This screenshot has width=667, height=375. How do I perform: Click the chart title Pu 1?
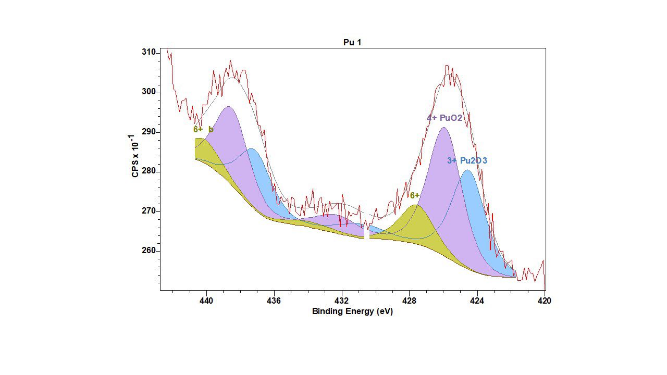[x=352, y=43]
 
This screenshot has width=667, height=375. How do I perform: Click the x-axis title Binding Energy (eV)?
[x=352, y=311]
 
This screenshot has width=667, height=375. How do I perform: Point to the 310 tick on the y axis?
[x=149, y=53]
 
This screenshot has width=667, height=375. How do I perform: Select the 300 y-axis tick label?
[x=149, y=92]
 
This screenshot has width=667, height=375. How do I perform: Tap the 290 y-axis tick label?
[x=149, y=132]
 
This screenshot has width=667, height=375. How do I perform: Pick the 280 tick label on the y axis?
[x=149, y=171]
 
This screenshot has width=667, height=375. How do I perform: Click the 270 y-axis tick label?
[x=149, y=211]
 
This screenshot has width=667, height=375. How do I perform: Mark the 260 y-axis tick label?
[x=149, y=251]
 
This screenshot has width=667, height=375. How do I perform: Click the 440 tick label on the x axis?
[x=206, y=301]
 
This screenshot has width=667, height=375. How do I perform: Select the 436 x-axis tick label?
[x=274, y=301]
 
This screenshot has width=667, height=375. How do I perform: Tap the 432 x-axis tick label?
[x=342, y=301]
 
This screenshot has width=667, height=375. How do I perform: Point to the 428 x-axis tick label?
[x=410, y=301]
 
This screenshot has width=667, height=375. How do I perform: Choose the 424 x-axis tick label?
[x=477, y=301]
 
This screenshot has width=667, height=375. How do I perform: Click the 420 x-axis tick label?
[x=545, y=301]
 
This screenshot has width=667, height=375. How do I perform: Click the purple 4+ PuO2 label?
[x=444, y=118]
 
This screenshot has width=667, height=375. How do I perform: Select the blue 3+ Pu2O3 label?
[x=467, y=161]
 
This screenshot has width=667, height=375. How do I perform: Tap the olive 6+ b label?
[x=203, y=130]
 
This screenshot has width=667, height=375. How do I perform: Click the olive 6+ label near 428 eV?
[x=415, y=196]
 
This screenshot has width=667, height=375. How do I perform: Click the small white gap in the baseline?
[x=367, y=234]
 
